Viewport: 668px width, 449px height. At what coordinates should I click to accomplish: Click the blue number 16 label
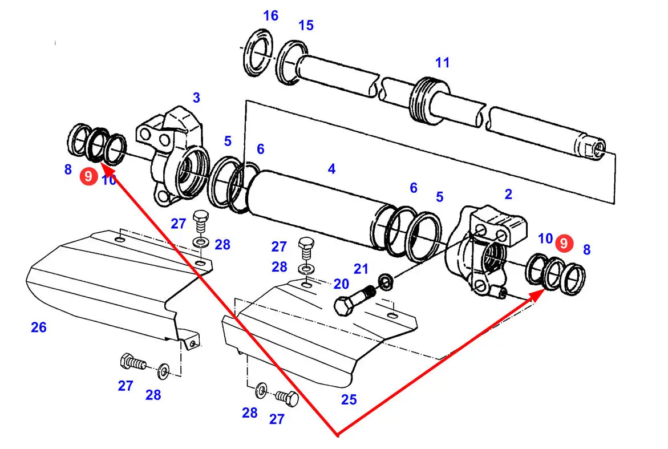270,16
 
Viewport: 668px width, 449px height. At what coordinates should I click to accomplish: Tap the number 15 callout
306,26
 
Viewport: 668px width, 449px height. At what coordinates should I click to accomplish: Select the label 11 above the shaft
443,63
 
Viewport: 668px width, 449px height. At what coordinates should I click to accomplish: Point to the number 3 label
196,98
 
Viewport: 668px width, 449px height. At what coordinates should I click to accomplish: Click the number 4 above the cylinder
331,169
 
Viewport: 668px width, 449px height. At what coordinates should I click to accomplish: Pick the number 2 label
508,195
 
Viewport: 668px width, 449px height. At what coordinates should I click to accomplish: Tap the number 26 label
39,327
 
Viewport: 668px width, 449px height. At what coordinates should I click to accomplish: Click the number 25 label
349,400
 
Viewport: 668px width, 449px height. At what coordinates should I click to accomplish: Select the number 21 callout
361,269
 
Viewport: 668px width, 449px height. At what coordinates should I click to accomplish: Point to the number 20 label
341,284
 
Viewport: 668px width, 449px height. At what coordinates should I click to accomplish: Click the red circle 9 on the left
88,177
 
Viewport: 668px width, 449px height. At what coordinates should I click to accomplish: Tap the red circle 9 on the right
564,243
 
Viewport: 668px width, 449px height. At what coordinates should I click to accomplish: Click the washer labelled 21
385,281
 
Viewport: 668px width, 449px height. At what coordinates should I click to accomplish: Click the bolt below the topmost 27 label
200,219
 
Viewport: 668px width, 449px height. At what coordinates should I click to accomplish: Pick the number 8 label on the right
586,249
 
